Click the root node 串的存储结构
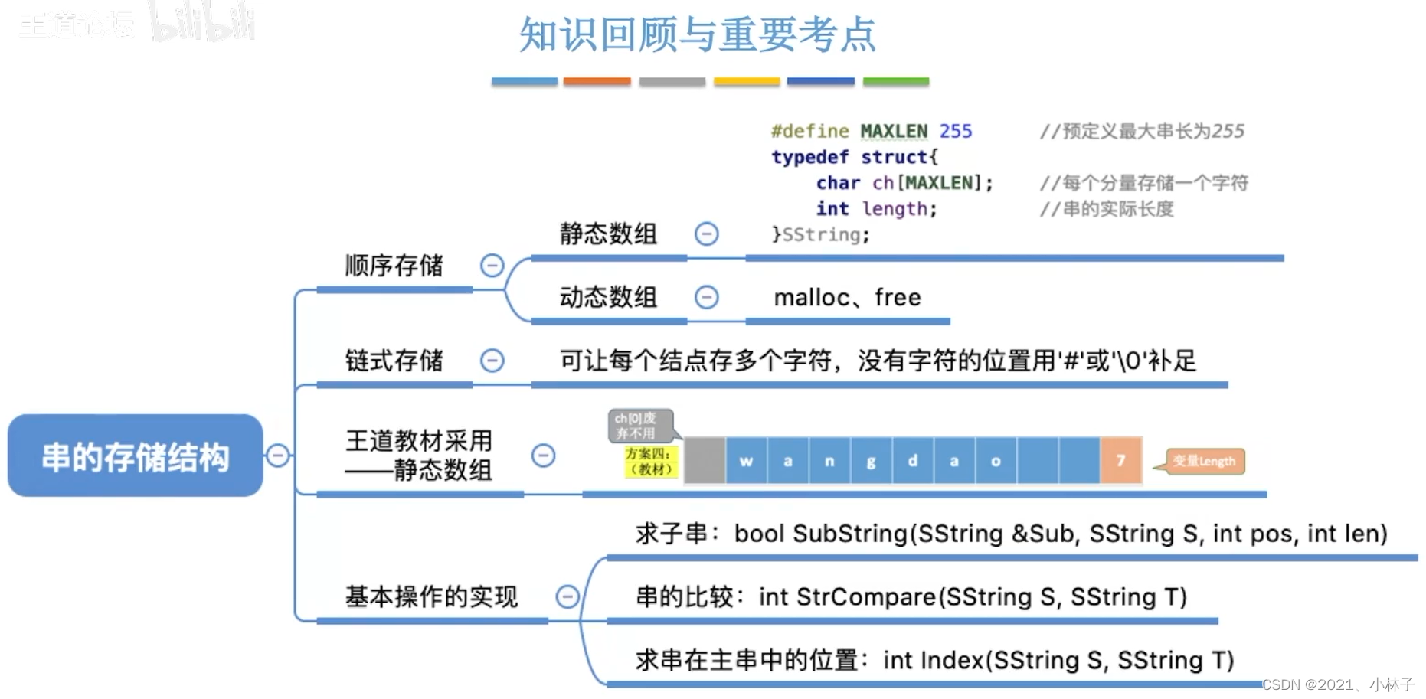[x=136, y=456]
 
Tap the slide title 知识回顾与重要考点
[x=697, y=35]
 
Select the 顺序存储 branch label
[x=394, y=266]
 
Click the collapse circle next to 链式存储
[x=492, y=360]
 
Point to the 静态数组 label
[x=608, y=234]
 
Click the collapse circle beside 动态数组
[x=706, y=297]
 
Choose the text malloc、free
[x=847, y=297]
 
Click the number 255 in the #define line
[x=956, y=132]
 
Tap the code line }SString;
[x=820, y=234]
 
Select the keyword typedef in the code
[x=809, y=157]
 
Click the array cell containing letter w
[x=746, y=461]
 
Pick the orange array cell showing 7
[x=1120, y=461]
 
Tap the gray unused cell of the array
[x=705, y=461]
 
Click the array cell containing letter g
[x=871, y=461]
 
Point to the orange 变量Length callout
[x=1204, y=461]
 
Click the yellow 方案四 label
[x=650, y=462]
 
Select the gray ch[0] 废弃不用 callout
[x=639, y=426]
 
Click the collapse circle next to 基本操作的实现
[x=567, y=596]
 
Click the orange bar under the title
[x=597, y=81]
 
